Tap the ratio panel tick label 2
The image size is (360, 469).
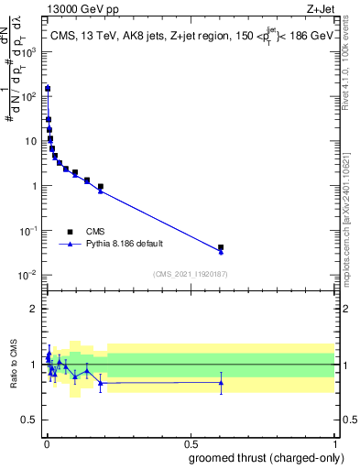34,309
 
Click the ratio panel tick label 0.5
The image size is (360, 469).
29,421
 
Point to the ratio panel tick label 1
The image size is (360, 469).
34,365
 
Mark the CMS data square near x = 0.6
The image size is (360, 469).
221,247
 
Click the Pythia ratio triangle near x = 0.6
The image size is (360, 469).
221,382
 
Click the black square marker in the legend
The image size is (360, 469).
70,232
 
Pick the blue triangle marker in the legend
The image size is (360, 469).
70,245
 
